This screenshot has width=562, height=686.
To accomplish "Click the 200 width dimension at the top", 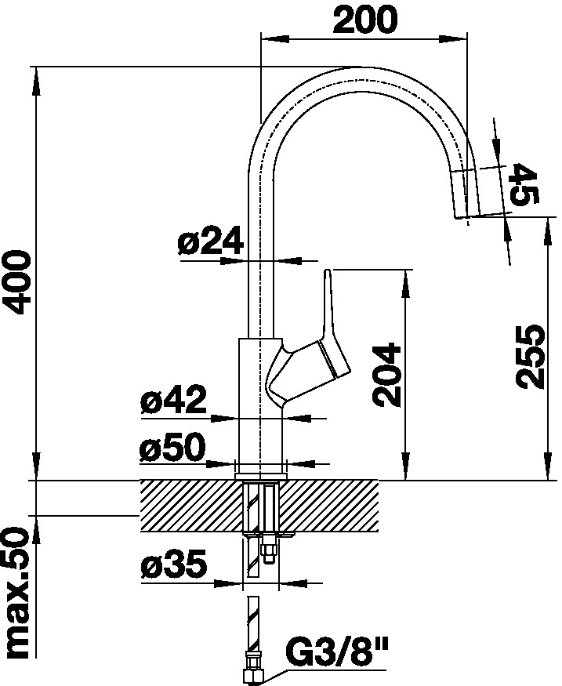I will tap(364, 20).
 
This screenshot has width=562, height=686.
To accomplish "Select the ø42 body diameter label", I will tap(173, 401).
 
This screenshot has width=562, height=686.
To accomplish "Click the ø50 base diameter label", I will tap(172, 449).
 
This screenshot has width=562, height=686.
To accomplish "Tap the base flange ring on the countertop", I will tap(259, 473).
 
